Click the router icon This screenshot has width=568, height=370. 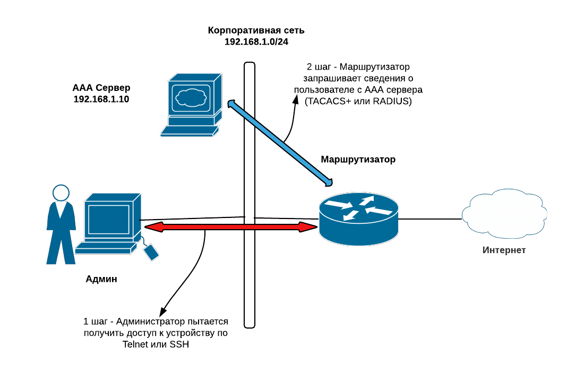(358, 218)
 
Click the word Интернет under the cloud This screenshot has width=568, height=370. (504, 250)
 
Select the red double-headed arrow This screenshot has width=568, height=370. (231, 227)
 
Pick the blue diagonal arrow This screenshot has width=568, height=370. (280, 142)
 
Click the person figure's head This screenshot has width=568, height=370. (61, 192)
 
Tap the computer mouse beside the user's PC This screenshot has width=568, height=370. (151, 252)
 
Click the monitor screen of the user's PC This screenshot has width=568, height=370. (109, 219)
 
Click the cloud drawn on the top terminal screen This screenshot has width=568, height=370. (191, 98)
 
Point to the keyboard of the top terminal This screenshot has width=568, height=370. (188, 131)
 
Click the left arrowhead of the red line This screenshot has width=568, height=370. (154, 227)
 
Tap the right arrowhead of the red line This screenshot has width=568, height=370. (308, 227)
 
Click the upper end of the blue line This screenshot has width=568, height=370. (231, 103)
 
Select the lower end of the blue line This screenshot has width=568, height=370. (329, 182)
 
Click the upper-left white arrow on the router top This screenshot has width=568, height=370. (338, 204)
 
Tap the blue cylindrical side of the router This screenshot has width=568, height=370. (358, 234)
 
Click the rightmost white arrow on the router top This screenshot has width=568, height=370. (379, 211)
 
